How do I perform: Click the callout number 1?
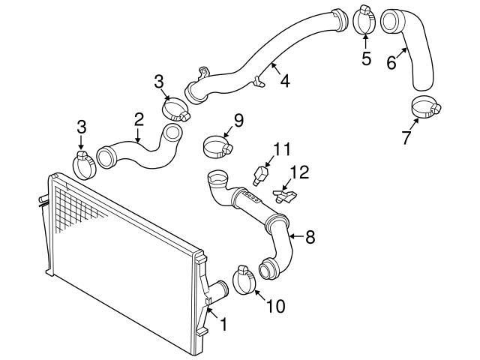[223, 324]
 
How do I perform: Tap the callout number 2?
[139, 119]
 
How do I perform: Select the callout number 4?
[285, 81]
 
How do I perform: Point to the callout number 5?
[366, 58]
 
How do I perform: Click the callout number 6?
[391, 63]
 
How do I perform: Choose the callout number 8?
[310, 237]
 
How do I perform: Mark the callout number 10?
[276, 306]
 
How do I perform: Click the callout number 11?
[282, 149]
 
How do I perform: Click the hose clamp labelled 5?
[364, 19]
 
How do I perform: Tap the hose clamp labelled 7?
[426, 106]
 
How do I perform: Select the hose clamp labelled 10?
[244, 280]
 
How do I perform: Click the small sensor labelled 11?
[260, 175]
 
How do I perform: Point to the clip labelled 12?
[285, 196]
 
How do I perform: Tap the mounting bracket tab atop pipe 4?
[203, 73]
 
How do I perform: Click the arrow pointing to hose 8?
[297, 236]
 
